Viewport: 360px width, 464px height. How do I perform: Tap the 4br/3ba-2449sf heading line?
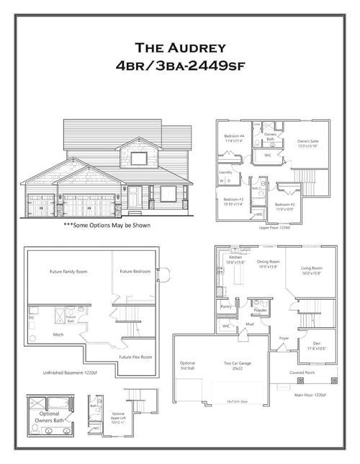pos(180,66)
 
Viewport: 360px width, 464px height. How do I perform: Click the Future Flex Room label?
pos(136,356)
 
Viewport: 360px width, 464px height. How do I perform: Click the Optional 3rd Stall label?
pos(187,365)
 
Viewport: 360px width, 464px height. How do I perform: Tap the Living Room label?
pos(311,270)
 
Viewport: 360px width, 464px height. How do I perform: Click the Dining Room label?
pos(269,263)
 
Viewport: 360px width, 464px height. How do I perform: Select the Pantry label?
pos(225,306)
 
